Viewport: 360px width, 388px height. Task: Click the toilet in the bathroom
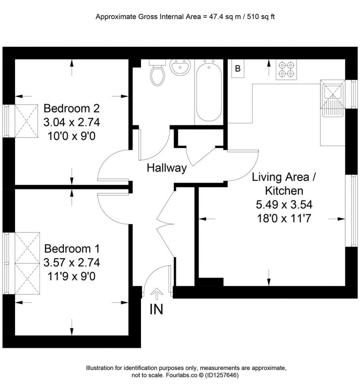[157, 74]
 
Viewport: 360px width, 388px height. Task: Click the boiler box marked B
[238, 69]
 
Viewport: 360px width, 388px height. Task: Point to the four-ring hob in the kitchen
[286, 70]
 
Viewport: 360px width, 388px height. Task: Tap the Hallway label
[167, 168]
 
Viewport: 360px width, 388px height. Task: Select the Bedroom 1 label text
[72, 249]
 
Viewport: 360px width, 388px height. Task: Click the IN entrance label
[156, 309]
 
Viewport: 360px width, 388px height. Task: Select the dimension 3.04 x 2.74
[72, 122]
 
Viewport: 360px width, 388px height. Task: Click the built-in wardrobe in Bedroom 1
[27, 263]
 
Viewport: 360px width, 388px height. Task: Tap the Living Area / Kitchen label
[284, 184]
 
